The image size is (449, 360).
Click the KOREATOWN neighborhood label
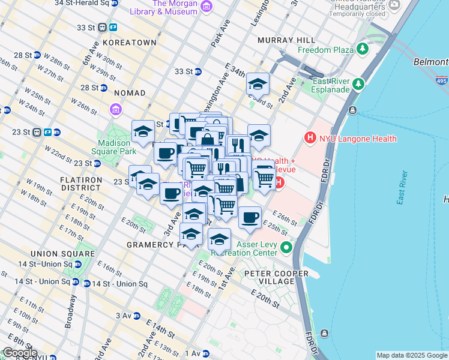(129, 43)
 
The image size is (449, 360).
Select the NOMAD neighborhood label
(128, 93)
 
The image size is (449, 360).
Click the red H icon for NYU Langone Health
(310, 138)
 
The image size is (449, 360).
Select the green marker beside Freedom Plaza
(363, 48)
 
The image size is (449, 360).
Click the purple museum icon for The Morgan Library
(206, 7)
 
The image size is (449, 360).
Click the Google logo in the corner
(19, 353)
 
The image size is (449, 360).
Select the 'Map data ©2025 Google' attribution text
(412, 355)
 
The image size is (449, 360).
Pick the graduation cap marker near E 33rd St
(258, 85)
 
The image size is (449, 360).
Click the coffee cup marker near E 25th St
(250, 217)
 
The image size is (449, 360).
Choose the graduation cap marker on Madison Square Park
(143, 131)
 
